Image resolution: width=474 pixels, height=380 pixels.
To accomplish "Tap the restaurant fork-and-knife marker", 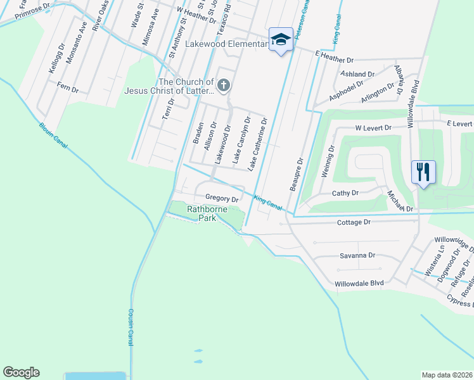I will (x=423, y=172).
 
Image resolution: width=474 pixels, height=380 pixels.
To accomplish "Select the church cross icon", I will (x=223, y=85).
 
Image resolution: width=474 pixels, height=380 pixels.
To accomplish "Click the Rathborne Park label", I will (x=202, y=213).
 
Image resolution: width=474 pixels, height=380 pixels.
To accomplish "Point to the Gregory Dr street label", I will (x=221, y=199).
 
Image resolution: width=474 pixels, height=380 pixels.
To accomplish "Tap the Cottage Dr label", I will (x=354, y=222).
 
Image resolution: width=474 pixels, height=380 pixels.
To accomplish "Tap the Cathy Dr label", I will (x=345, y=193).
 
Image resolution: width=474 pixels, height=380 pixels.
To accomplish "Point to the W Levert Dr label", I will (x=373, y=128).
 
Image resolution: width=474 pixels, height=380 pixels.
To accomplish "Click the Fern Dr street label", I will (x=67, y=89).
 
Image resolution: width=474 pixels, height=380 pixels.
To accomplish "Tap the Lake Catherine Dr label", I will (x=258, y=144).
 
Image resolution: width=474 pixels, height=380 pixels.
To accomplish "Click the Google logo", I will (x=21, y=372).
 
